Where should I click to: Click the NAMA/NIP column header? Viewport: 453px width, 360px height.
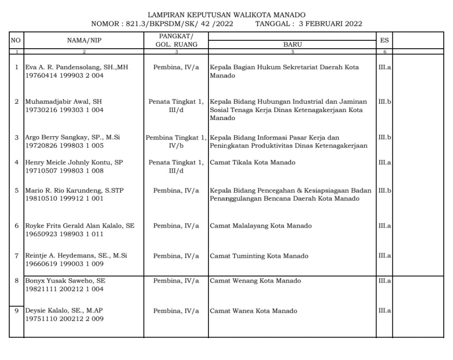pyautogui.click(x=84, y=40)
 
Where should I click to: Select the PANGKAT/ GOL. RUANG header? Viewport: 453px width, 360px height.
pyautogui.click(x=176, y=40)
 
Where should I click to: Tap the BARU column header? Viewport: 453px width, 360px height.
pyautogui.click(x=292, y=44)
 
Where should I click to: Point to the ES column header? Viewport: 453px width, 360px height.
pyautogui.click(x=384, y=40)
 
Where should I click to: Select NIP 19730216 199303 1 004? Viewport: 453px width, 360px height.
pyautogui.click(x=64, y=110)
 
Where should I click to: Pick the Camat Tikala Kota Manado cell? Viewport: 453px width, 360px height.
pyautogui.click(x=253, y=163)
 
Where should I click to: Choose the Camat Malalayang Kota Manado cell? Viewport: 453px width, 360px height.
pyautogui.click(x=261, y=226)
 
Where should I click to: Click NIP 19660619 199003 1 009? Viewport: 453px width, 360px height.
pyautogui.click(x=64, y=264)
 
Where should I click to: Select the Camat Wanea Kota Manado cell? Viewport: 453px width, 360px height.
pyautogui.click(x=253, y=311)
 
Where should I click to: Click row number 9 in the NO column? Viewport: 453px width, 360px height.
pyautogui.click(x=16, y=311)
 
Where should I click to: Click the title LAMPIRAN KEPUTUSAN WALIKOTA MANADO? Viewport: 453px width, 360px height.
pyautogui.click(x=226, y=15)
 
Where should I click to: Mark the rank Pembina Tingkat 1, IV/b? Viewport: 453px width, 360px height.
pyautogui.click(x=176, y=141)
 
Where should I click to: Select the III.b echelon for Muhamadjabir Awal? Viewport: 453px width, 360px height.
pyautogui.click(x=384, y=102)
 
